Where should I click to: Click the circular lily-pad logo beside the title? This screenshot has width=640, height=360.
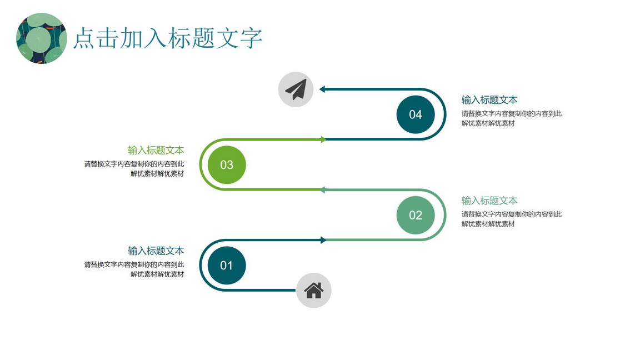[41, 38]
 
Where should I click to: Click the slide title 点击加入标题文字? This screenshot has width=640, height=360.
[168, 38]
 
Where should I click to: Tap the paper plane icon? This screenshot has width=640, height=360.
[296, 89]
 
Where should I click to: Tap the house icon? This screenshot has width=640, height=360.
[313, 290]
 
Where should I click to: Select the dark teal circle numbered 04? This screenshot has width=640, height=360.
[415, 114]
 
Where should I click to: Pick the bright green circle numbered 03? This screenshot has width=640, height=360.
[227, 164]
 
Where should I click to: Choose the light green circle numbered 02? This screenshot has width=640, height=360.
[415, 215]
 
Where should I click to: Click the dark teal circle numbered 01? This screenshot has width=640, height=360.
[227, 266]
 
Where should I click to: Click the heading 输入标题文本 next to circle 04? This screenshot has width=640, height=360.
[489, 100]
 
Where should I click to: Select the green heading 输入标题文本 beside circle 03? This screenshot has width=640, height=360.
[156, 150]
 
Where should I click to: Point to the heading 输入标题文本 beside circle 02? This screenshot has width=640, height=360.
[489, 201]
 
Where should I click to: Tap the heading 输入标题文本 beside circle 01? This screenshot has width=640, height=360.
[156, 251]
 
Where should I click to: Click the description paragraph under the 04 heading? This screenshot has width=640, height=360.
[512, 118]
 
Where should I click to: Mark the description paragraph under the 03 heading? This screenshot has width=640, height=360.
[134, 168]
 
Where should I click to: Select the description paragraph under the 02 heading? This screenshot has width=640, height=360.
[512, 219]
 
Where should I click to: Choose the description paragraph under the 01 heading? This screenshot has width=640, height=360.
[134, 269]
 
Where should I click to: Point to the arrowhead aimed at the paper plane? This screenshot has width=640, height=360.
[322, 89]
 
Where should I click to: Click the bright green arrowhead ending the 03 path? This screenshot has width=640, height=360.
[323, 139]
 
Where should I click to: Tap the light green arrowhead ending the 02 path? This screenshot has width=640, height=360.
[322, 190]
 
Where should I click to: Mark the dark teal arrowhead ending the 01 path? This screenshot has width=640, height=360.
[323, 240]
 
